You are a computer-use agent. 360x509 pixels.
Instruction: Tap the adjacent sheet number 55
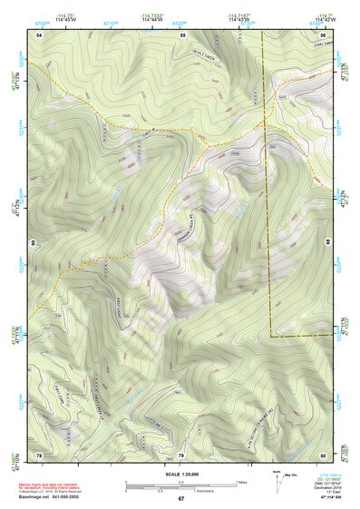coord(182,34)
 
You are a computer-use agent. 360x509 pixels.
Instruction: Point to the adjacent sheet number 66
coord(34,244)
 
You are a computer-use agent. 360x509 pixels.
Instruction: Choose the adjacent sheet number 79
coord(180,454)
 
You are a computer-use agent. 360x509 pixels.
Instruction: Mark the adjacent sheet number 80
coord(323,454)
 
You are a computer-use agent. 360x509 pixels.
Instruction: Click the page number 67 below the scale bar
coord(180,499)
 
